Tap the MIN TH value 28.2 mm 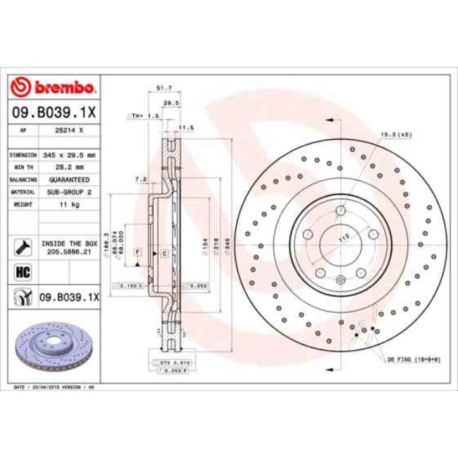pyautogui.click(x=70, y=167)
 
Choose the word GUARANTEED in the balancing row pyautogui.click(x=70, y=180)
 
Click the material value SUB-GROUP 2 pyautogui.click(x=70, y=192)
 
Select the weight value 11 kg pyautogui.click(x=70, y=204)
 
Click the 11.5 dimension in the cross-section pyautogui.click(x=186, y=128)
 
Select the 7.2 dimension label pyautogui.click(x=140, y=180)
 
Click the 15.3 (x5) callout pyautogui.click(x=395, y=134)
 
